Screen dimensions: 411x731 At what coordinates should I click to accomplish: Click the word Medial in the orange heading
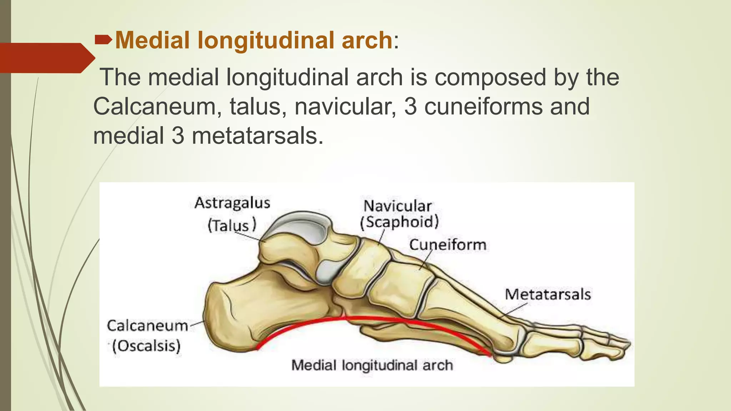tap(152, 40)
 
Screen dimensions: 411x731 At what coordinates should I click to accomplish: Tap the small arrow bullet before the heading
tap(103, 40)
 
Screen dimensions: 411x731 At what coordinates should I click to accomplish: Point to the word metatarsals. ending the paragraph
tap(257, 136)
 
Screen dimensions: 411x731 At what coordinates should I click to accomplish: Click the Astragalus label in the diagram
tap(232, 203)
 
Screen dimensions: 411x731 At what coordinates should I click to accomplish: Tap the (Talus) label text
tap(232, 225)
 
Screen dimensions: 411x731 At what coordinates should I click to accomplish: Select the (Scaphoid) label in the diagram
tap(399, 222)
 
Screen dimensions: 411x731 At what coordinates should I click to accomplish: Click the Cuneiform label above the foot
tap(448, 245)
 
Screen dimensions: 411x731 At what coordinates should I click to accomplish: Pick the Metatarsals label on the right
tap(548, 294)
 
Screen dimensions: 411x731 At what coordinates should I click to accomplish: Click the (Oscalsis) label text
tap(146, 346)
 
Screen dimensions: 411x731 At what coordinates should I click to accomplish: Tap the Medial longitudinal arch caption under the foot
tap(372, 365)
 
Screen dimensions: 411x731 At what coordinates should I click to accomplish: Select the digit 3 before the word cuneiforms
tap(410, 107)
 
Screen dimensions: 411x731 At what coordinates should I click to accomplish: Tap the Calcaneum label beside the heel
tap(147, 326)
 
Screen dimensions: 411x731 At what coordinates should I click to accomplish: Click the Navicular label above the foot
tap(397, 206)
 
